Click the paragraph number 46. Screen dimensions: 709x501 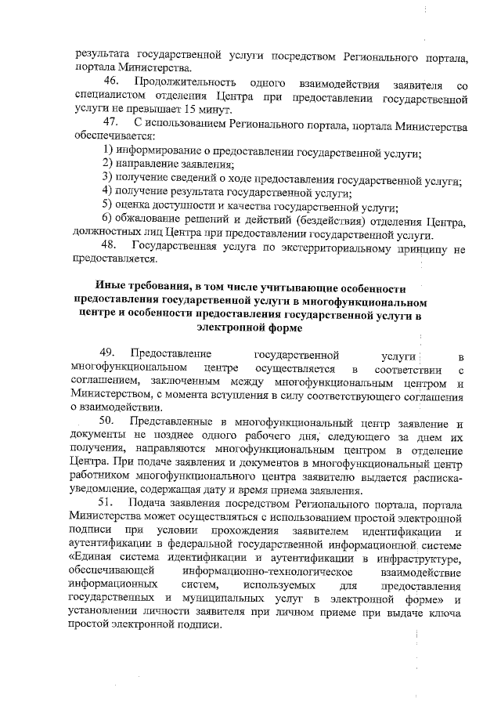[x=110, y=83]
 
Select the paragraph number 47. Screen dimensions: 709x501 [x=110, y=123]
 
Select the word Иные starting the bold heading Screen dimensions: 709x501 [x=109, y=287]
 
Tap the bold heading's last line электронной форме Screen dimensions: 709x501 [x=250, y=328]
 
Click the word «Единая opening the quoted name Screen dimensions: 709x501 [x=92, y=558]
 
